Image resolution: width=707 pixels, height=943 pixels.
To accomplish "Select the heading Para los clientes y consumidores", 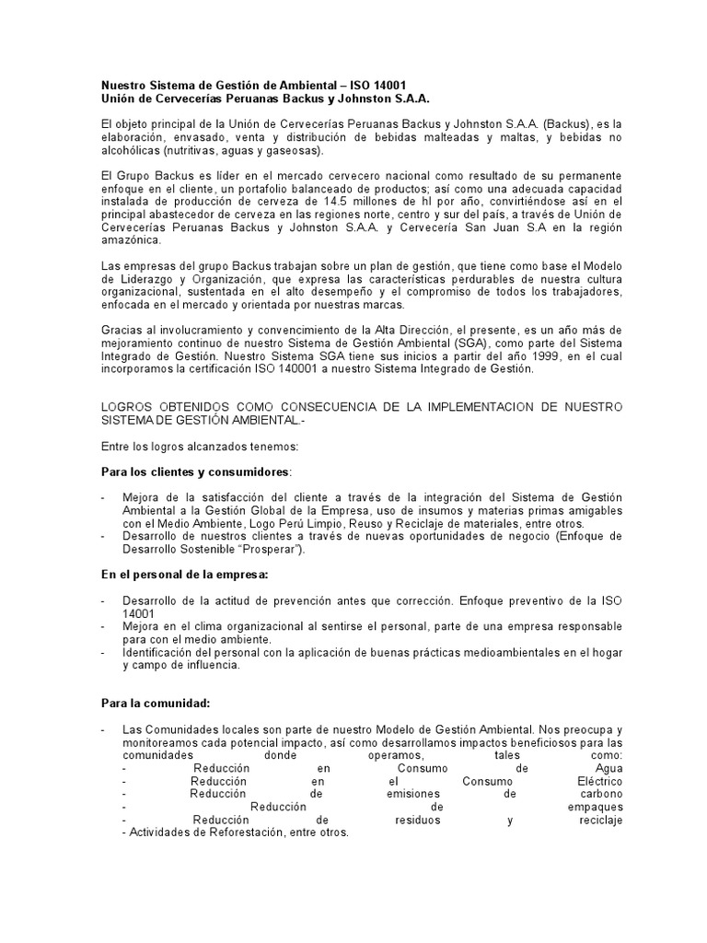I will (x=195, y=471).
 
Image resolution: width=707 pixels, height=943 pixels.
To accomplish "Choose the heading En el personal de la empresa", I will (x=184, y=574).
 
